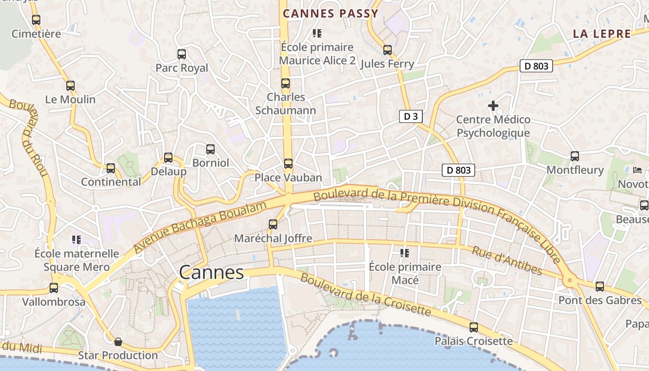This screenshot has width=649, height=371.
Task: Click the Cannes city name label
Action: tap(211, 272)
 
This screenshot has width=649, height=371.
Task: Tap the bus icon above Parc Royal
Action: tap(182, 54)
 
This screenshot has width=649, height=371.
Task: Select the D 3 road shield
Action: tap(411, 116)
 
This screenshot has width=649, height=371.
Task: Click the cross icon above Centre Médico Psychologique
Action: tap(493, 106)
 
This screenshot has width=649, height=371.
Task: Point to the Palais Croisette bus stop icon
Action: tap(474, 327)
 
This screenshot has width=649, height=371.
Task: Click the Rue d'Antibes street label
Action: tap(506, 260)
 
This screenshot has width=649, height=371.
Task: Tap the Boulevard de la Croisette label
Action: tap(366, 295)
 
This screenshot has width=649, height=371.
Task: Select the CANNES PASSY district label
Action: tap(331, 13)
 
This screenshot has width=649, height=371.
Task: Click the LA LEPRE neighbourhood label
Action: tap(602, 34)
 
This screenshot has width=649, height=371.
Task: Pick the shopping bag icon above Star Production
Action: tap(118, 342)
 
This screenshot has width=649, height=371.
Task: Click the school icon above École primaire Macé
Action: tap(405, 253)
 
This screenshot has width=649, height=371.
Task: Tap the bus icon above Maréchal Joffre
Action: tap(273, 224)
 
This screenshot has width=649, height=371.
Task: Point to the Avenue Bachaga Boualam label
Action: tap(201, 227)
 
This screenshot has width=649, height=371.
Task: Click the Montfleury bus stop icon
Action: tap(575, 156)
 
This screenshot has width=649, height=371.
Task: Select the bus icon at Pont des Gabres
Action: tap(600, 287)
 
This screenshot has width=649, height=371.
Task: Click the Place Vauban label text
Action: tap(288, 178)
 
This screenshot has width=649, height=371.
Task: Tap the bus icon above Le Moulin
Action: tap(70, 86)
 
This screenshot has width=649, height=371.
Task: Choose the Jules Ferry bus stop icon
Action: tap(388, 50)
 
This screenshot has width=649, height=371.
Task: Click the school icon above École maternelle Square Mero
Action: tap(76, 240)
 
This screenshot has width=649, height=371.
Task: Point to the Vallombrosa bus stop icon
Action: tap(54, 288)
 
